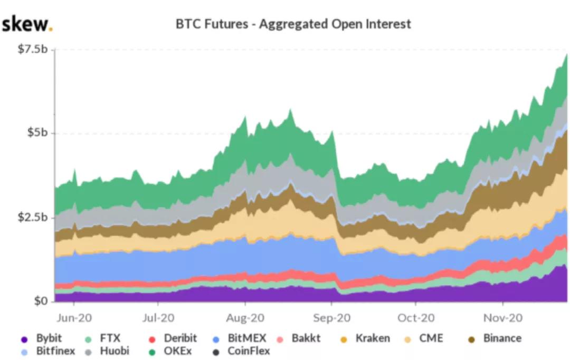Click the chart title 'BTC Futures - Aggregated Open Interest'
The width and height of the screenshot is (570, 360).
pos(293,24)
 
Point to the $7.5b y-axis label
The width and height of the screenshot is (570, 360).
pos(32,49)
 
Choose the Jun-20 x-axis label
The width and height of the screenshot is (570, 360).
pos(73,318)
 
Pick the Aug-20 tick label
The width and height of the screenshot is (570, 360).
pos(245,318)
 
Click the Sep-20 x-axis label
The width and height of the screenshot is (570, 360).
pos(331,318)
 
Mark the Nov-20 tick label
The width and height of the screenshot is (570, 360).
pos(502,318)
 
